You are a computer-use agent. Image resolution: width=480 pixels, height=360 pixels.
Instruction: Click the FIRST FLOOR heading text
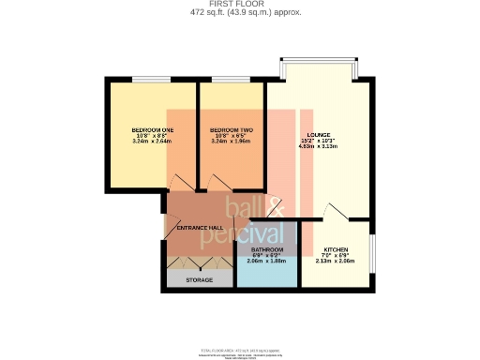[x=239, y=5]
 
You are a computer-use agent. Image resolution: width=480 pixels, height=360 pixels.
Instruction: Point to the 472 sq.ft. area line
[x=239, y=13]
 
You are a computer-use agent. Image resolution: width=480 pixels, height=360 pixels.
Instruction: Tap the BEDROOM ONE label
[x=153, y=128]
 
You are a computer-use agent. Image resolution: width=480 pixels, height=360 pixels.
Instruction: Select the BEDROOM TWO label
[x=232, y=128]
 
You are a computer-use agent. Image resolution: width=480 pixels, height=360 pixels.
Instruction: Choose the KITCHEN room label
[x=335, y=249]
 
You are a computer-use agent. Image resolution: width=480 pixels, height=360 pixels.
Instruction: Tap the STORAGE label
[x=198, y=280]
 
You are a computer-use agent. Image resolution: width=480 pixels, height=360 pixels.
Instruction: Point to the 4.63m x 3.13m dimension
[x=317, y=147]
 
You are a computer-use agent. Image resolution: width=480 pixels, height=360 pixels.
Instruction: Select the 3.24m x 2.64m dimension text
[x=153, y=141]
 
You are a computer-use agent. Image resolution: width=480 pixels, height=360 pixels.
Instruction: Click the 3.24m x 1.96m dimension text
[x=232, y=141]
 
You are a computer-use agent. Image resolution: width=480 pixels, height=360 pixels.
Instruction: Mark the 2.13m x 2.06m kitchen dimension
[x=335, y=262]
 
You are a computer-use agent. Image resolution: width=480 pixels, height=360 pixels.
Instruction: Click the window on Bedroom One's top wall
[x=150, y=81]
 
